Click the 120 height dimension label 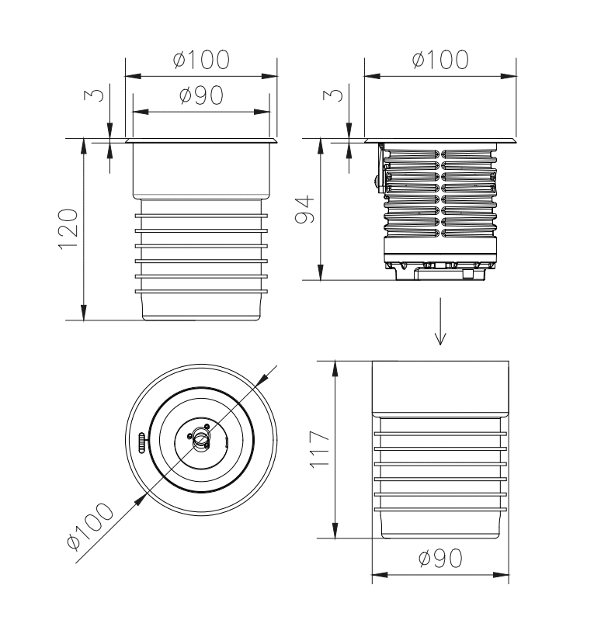pyautogui.click(x=68, y=229)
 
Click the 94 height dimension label pyautogui.click(x=305, y=209)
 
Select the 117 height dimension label pyautogui.click(x=319, y=449)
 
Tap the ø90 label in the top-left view pyautogui.click(x=201, y=95)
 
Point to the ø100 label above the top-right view pyautogui.click(x=440, y=60)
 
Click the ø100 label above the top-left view pyautogui.click(x=201, y=60)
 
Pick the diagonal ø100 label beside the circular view pyautogui.click(x=90, y=526)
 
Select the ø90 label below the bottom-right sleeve pyautogui.click(x=440, y=558)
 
